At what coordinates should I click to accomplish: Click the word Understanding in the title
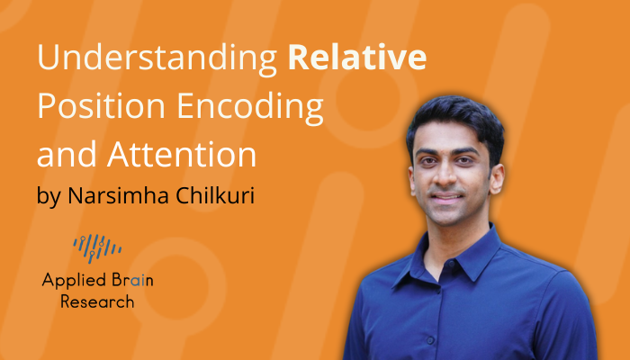(157, 60)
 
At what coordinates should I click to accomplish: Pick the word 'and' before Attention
(65, 155)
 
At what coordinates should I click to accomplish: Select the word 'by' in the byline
(49, 195)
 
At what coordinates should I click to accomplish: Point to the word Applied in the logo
(70, 280)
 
